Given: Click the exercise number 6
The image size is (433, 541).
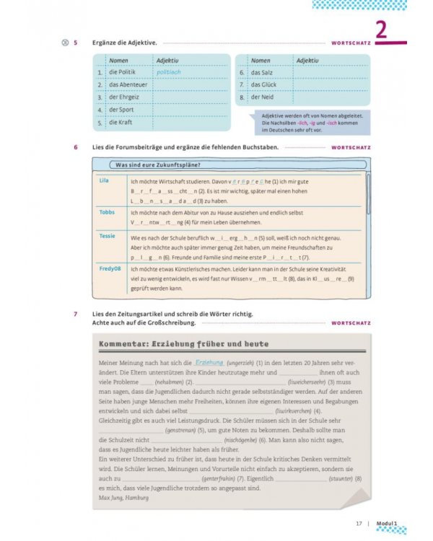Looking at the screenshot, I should [76, 147].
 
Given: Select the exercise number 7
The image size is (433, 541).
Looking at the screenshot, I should [76, 314].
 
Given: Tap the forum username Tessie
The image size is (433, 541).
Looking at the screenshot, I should [107, 235].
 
